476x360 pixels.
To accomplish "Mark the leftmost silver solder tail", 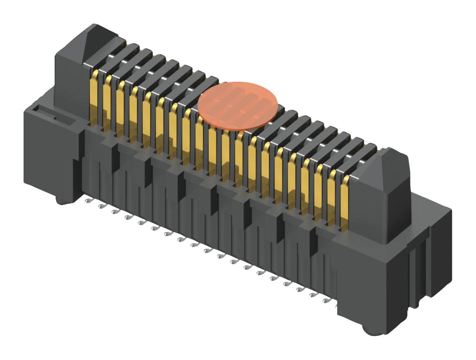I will click(x=89, y=201).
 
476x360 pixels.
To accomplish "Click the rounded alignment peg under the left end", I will click(x=62, y=200).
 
